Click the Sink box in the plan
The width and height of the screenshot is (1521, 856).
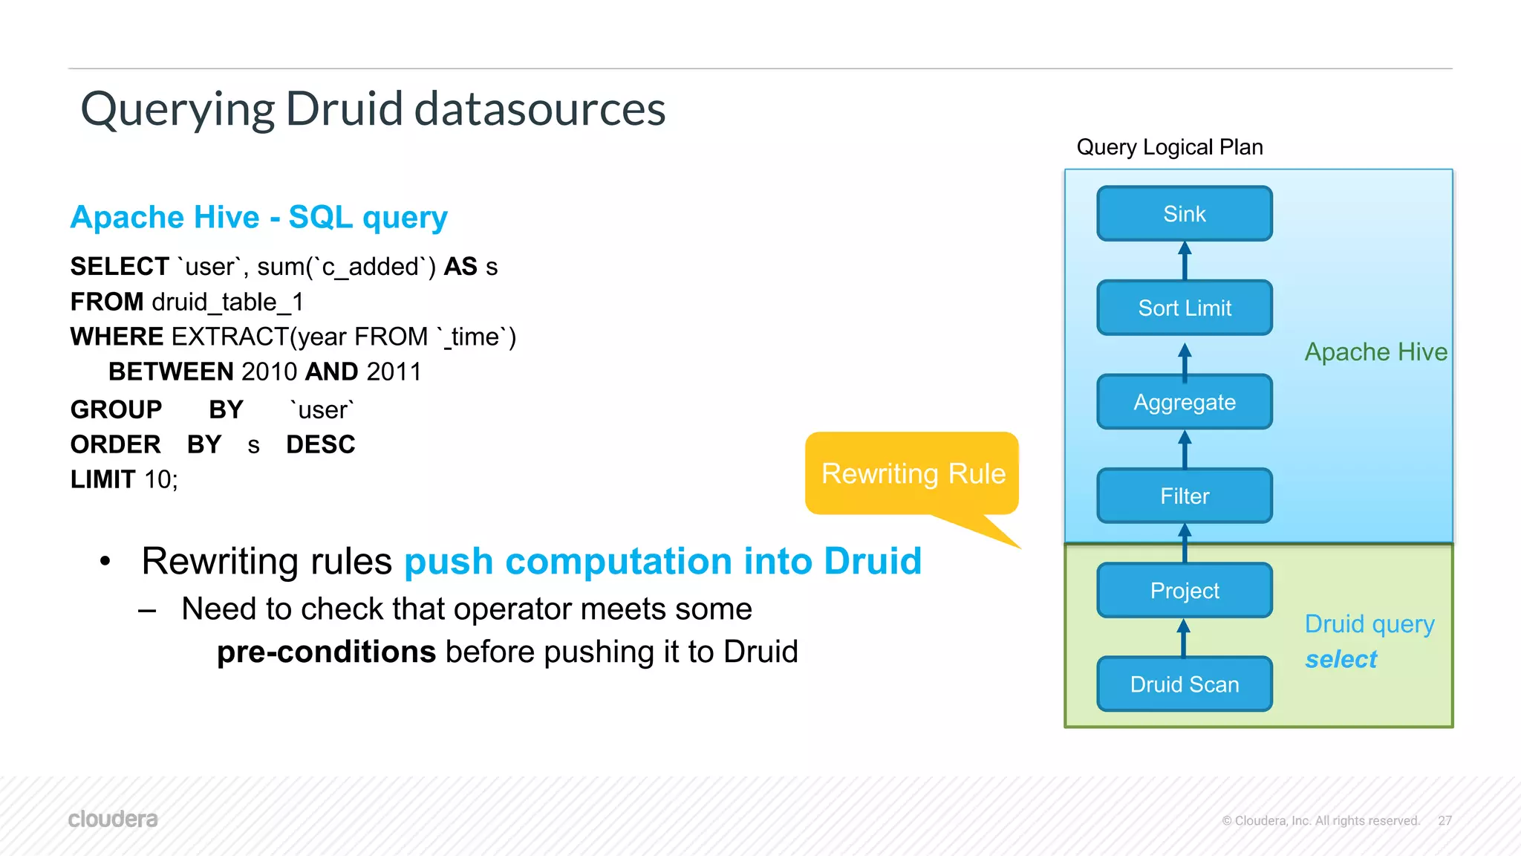1184,214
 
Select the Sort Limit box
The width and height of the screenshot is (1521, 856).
1184,308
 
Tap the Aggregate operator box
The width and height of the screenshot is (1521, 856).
1184,402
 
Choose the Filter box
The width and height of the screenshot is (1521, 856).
1184,496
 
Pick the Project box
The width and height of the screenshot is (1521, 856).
1184,591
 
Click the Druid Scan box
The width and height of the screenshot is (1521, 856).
1184,684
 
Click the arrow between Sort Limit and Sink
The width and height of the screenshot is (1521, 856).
1185,261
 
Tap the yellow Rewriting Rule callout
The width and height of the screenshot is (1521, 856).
913,474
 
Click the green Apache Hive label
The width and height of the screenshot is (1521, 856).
1375,352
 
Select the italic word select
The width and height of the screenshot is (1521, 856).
1341,659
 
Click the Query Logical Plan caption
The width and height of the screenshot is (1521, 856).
1169,147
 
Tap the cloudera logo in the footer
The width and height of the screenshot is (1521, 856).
113,819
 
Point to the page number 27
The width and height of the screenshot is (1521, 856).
1445,820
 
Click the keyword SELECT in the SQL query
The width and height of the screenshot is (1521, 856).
120,267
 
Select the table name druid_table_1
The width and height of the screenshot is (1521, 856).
227,302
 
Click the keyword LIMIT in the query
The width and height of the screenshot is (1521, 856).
102,479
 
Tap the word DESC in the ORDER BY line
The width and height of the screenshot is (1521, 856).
321,444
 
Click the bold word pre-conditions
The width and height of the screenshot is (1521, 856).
326,652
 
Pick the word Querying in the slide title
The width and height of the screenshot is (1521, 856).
177,109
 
